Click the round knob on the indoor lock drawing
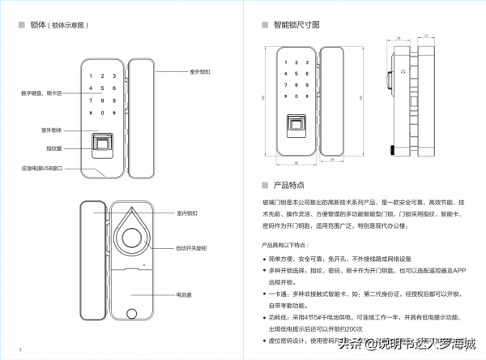pos(130,242)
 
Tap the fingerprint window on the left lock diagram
pos(103,145)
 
